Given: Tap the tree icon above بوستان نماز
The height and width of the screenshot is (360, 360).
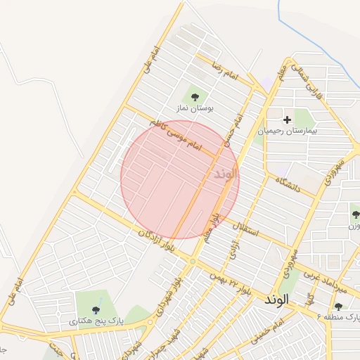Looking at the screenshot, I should pos(195,97).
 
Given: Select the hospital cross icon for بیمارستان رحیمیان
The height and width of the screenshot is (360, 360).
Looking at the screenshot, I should pos(287,120).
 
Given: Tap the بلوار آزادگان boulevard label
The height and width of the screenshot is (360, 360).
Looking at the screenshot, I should pos(157,240).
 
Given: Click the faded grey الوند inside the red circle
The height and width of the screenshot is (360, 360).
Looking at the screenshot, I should pos(223,172).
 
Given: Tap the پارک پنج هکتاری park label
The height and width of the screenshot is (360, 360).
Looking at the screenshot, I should pos(95,321).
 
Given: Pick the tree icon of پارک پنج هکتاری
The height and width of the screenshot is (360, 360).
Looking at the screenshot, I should pos(96,309).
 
